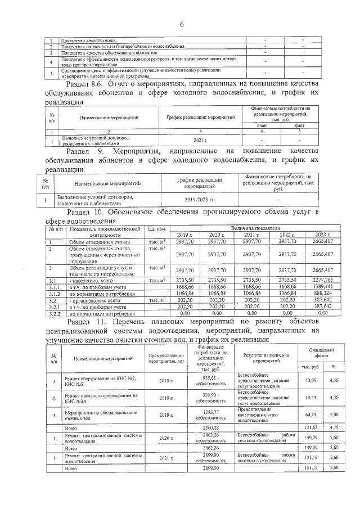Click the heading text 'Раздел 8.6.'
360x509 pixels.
click(x=85, y=84)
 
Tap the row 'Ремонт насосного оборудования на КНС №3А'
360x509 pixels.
click(x=100, y=399)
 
